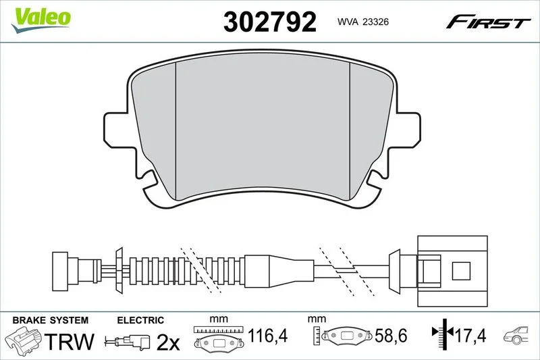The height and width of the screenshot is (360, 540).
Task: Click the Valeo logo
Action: (41, 20)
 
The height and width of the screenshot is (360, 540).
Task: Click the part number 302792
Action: (269, 22)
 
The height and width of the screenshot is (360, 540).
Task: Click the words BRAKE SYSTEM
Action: (50, 320)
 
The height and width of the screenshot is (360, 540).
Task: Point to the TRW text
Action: (70, 341)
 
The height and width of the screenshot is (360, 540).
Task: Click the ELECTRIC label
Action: (140, 320)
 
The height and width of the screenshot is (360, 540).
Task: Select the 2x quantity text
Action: (168, 342)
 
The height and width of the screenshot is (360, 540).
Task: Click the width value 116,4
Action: (267, 335)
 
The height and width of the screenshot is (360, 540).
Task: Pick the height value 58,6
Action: (391, 335)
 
